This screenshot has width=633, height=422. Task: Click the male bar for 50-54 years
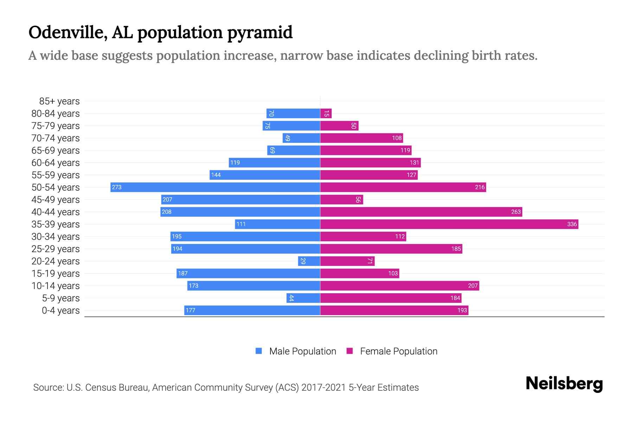pos(215,187)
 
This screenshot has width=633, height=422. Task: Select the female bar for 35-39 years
pos(449,224)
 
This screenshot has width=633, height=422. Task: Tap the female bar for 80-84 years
pos(326,113)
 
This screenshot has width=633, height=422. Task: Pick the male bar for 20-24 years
pos(309,261)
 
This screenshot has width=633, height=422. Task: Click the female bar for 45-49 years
pos(341,199)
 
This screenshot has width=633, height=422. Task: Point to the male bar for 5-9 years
pos(303,298)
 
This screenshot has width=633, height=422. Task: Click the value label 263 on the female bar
pos(516,212)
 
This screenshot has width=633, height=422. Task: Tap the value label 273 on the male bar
pos(116,187)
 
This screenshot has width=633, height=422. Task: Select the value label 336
pos(572,224)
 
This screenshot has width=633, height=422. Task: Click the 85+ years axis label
pos(59,101)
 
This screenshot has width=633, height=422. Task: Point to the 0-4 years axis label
pos(60,311)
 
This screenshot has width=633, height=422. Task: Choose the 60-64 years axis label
pos(56,163)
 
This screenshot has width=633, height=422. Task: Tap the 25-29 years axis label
pos(56,249)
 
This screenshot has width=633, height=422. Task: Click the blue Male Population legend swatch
pos(259,351)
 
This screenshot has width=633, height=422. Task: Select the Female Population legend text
pos(398,351)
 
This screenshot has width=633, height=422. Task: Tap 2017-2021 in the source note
pos(323,388)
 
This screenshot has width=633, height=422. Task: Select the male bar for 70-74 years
pos(301,138)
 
